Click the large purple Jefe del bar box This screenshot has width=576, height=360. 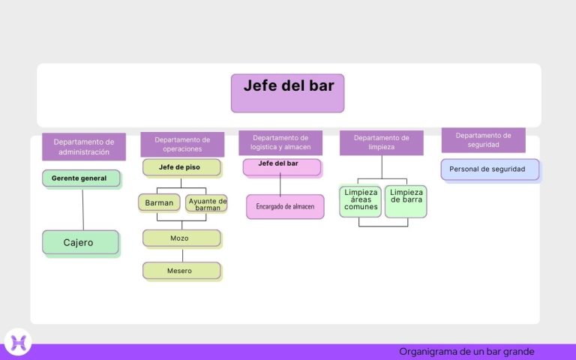click(287, 93)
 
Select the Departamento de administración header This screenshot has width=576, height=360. click(83, 146)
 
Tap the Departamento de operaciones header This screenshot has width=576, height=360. click(182, 144)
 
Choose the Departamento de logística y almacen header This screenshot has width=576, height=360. click(280, 142)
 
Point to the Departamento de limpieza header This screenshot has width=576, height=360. click(381, 142)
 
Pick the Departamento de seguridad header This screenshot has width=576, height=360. click(483, 140)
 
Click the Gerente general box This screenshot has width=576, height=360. click(81, 178)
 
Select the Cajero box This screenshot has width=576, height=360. click(80, 242)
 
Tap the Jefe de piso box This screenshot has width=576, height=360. click(181, 167)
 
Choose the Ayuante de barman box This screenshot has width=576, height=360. click(207, 203)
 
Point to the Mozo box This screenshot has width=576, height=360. click(181, 238)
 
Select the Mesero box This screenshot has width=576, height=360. click(181, 271)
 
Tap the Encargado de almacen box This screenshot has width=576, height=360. click(285, 206)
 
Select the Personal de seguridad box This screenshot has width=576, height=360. click(490, 169)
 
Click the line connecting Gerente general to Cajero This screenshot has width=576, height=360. click(82, 210)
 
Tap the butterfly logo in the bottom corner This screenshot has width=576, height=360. click(17, 342)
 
